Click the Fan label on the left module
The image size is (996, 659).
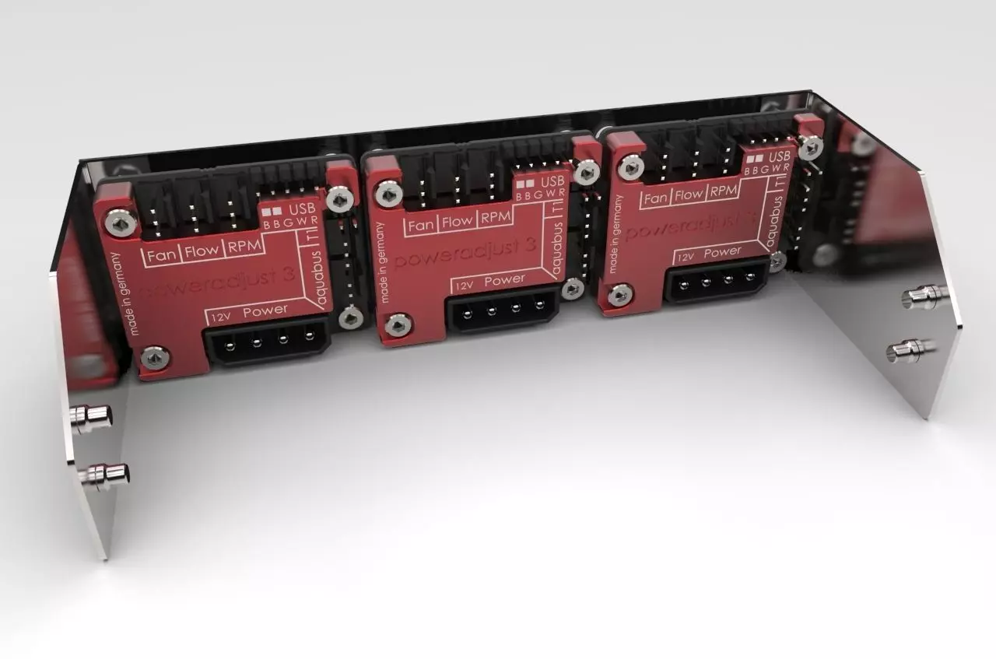pyautogui.click(x=162, y=254)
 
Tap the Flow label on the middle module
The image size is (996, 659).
pyautogui.click(x=458, y=221)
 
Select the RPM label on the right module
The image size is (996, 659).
pyautogui.click(x=724, y=191)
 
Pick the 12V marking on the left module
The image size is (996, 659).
pyautogui.click(x=220, y=315)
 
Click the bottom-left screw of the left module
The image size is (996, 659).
pyautogui.click(x=153, y=357)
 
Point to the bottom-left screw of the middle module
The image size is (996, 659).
pyautogui.click(x=398, y=324)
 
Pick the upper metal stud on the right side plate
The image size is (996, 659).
pyautogui.click(x=926, y=294)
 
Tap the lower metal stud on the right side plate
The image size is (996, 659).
pyautogui.click(x=911, y=349)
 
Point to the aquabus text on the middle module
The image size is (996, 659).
pyautogui.click(x=556, y=251)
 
